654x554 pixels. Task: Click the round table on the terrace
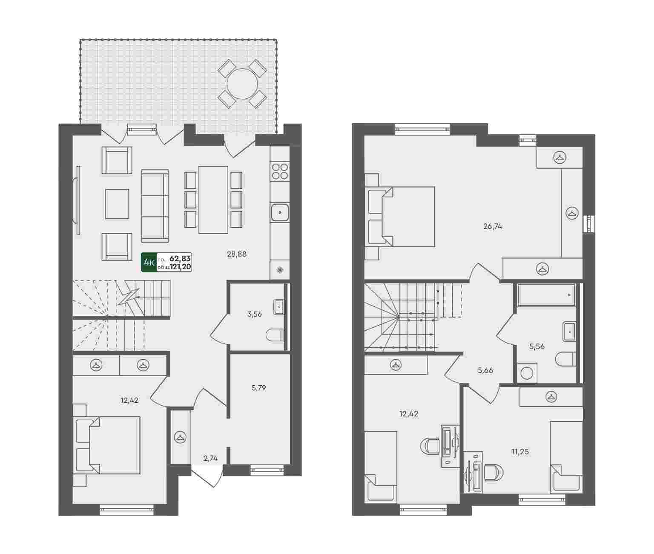(x=242, y=84)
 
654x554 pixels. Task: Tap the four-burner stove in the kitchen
(x=280, y=171)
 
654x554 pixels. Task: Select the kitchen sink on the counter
(x=280, y=213)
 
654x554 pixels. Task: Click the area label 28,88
(x=237, y=254)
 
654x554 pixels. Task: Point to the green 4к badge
(x=149, y=262)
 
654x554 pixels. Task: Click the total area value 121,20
(x=181, y=267)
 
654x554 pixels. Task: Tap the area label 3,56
(x=254, y=314)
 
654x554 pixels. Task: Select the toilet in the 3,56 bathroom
(x=275, y=335)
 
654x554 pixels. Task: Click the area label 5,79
(x=258, y=388)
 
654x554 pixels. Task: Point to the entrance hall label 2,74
(x=210, y=459)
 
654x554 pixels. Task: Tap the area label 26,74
(x=493, y=226)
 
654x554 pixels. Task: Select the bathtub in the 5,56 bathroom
(x=546, y=295)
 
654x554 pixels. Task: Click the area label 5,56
(x=537, y=346)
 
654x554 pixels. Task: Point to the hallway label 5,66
(x=485, y=370)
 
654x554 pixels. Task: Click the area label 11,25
(x=520, y=452)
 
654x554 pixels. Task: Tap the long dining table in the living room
(x=213, y=199)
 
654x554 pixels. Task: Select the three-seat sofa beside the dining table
(x=155, y=206)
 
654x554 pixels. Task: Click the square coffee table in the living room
(x=117, y=204)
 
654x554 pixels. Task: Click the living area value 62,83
(x=181, y=259)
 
